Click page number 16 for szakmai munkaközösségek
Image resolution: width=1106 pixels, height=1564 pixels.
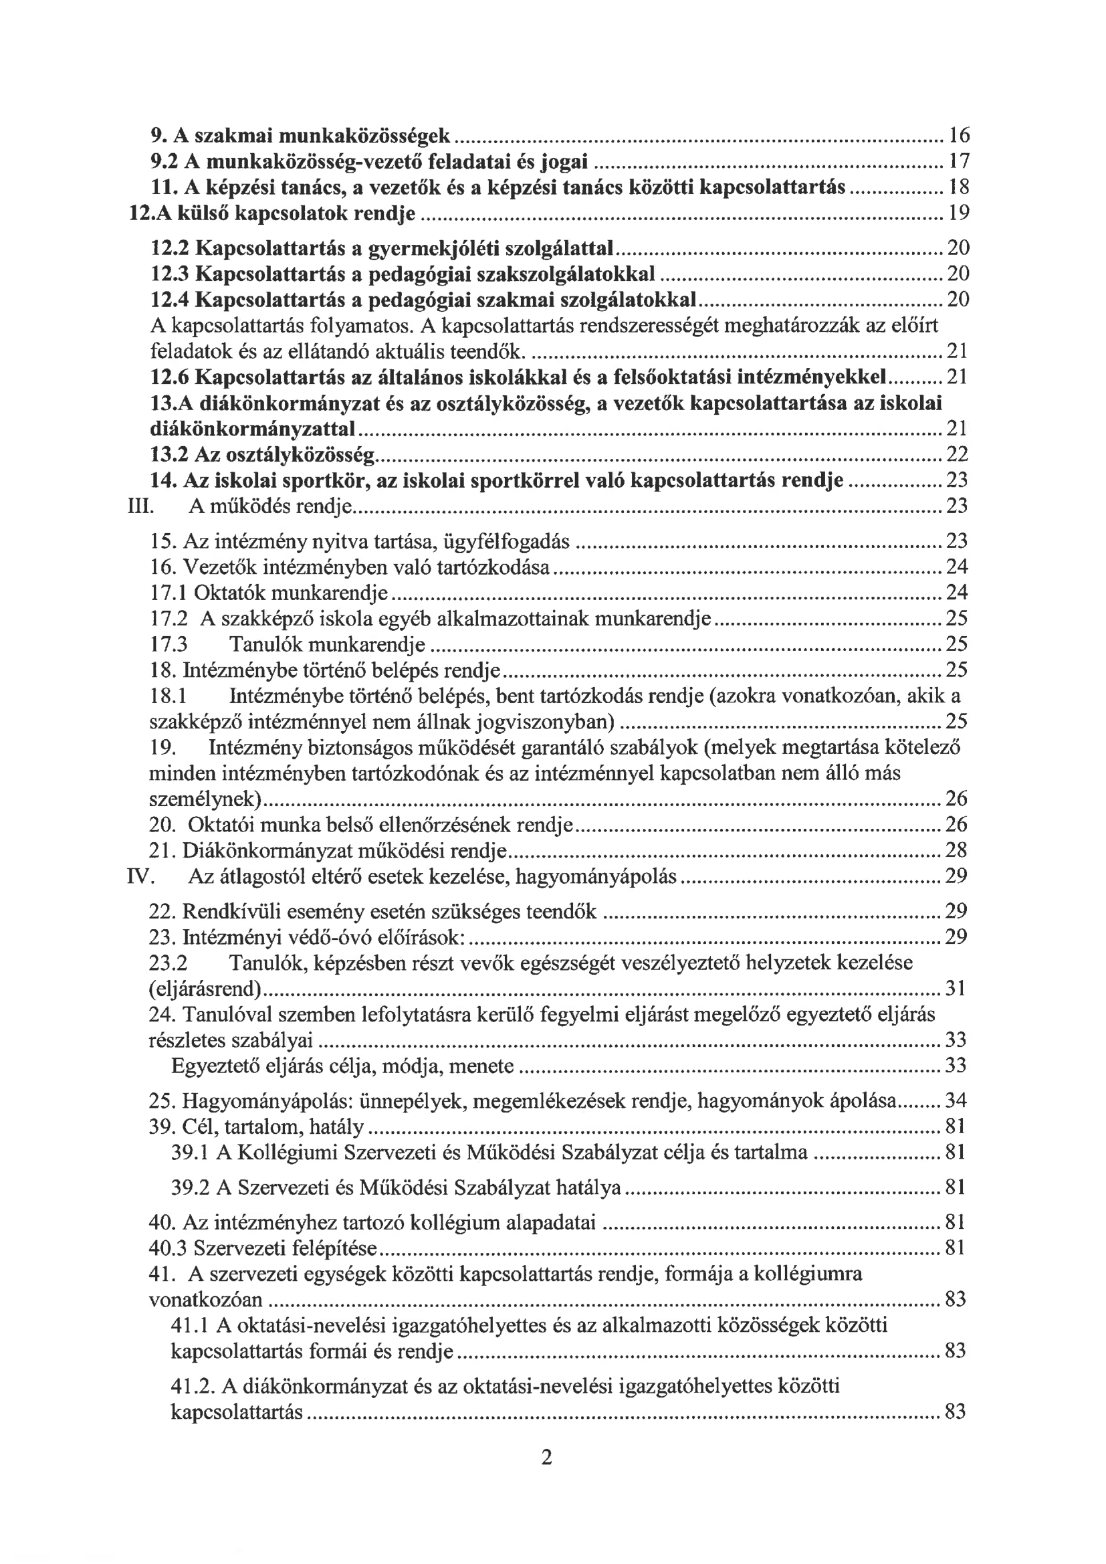click(x=959, y=136)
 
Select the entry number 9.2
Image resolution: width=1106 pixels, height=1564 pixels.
click(x=162, y=161)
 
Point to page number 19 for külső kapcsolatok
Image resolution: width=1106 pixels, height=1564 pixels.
click(x=959, y=213)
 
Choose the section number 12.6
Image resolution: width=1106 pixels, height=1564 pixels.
click(x=169, y=377)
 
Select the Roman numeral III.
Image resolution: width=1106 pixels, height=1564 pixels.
click(x=140, y=506)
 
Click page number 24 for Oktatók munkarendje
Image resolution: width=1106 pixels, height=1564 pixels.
click(x=957, y=593)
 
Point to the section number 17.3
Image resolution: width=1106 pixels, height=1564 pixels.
click(x=169, y=644)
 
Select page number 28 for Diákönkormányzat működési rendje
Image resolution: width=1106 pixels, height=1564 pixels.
click(x=956, y=850)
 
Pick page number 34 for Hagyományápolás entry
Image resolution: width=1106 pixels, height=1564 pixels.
click(x=956, y=1101)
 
